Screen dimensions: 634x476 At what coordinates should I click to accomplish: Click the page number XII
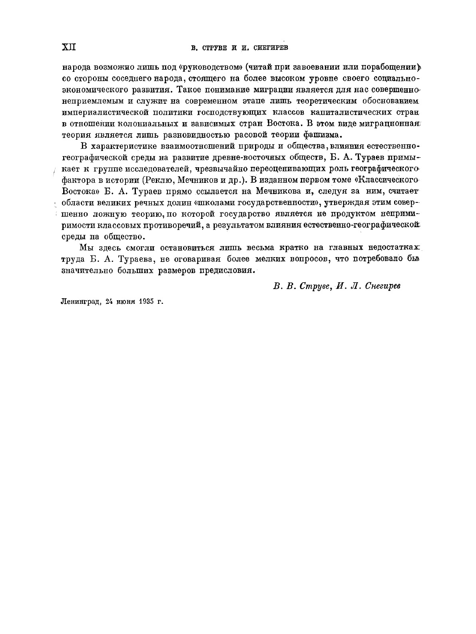click(x=69, y=48)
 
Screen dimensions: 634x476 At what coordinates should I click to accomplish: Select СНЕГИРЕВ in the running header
click(x=271, y=48)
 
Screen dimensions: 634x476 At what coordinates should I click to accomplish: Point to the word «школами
click(x=211, y=202)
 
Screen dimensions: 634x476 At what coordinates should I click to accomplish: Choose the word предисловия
click(x=225, y=270)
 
